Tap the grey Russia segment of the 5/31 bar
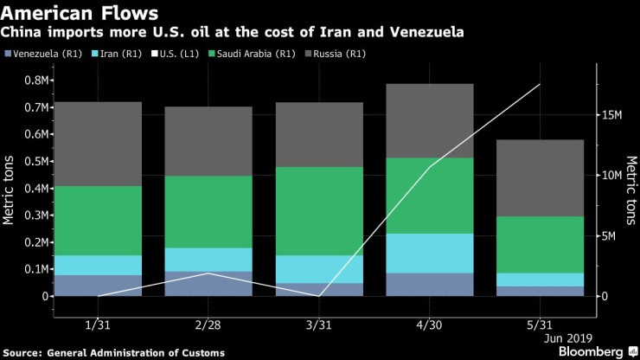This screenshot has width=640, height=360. coord(541,177)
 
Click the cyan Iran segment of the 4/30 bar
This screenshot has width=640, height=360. coord(429,253)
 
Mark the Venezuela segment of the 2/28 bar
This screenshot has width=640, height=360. coord(208,284)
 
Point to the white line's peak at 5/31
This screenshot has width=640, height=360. coord(541,84)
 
